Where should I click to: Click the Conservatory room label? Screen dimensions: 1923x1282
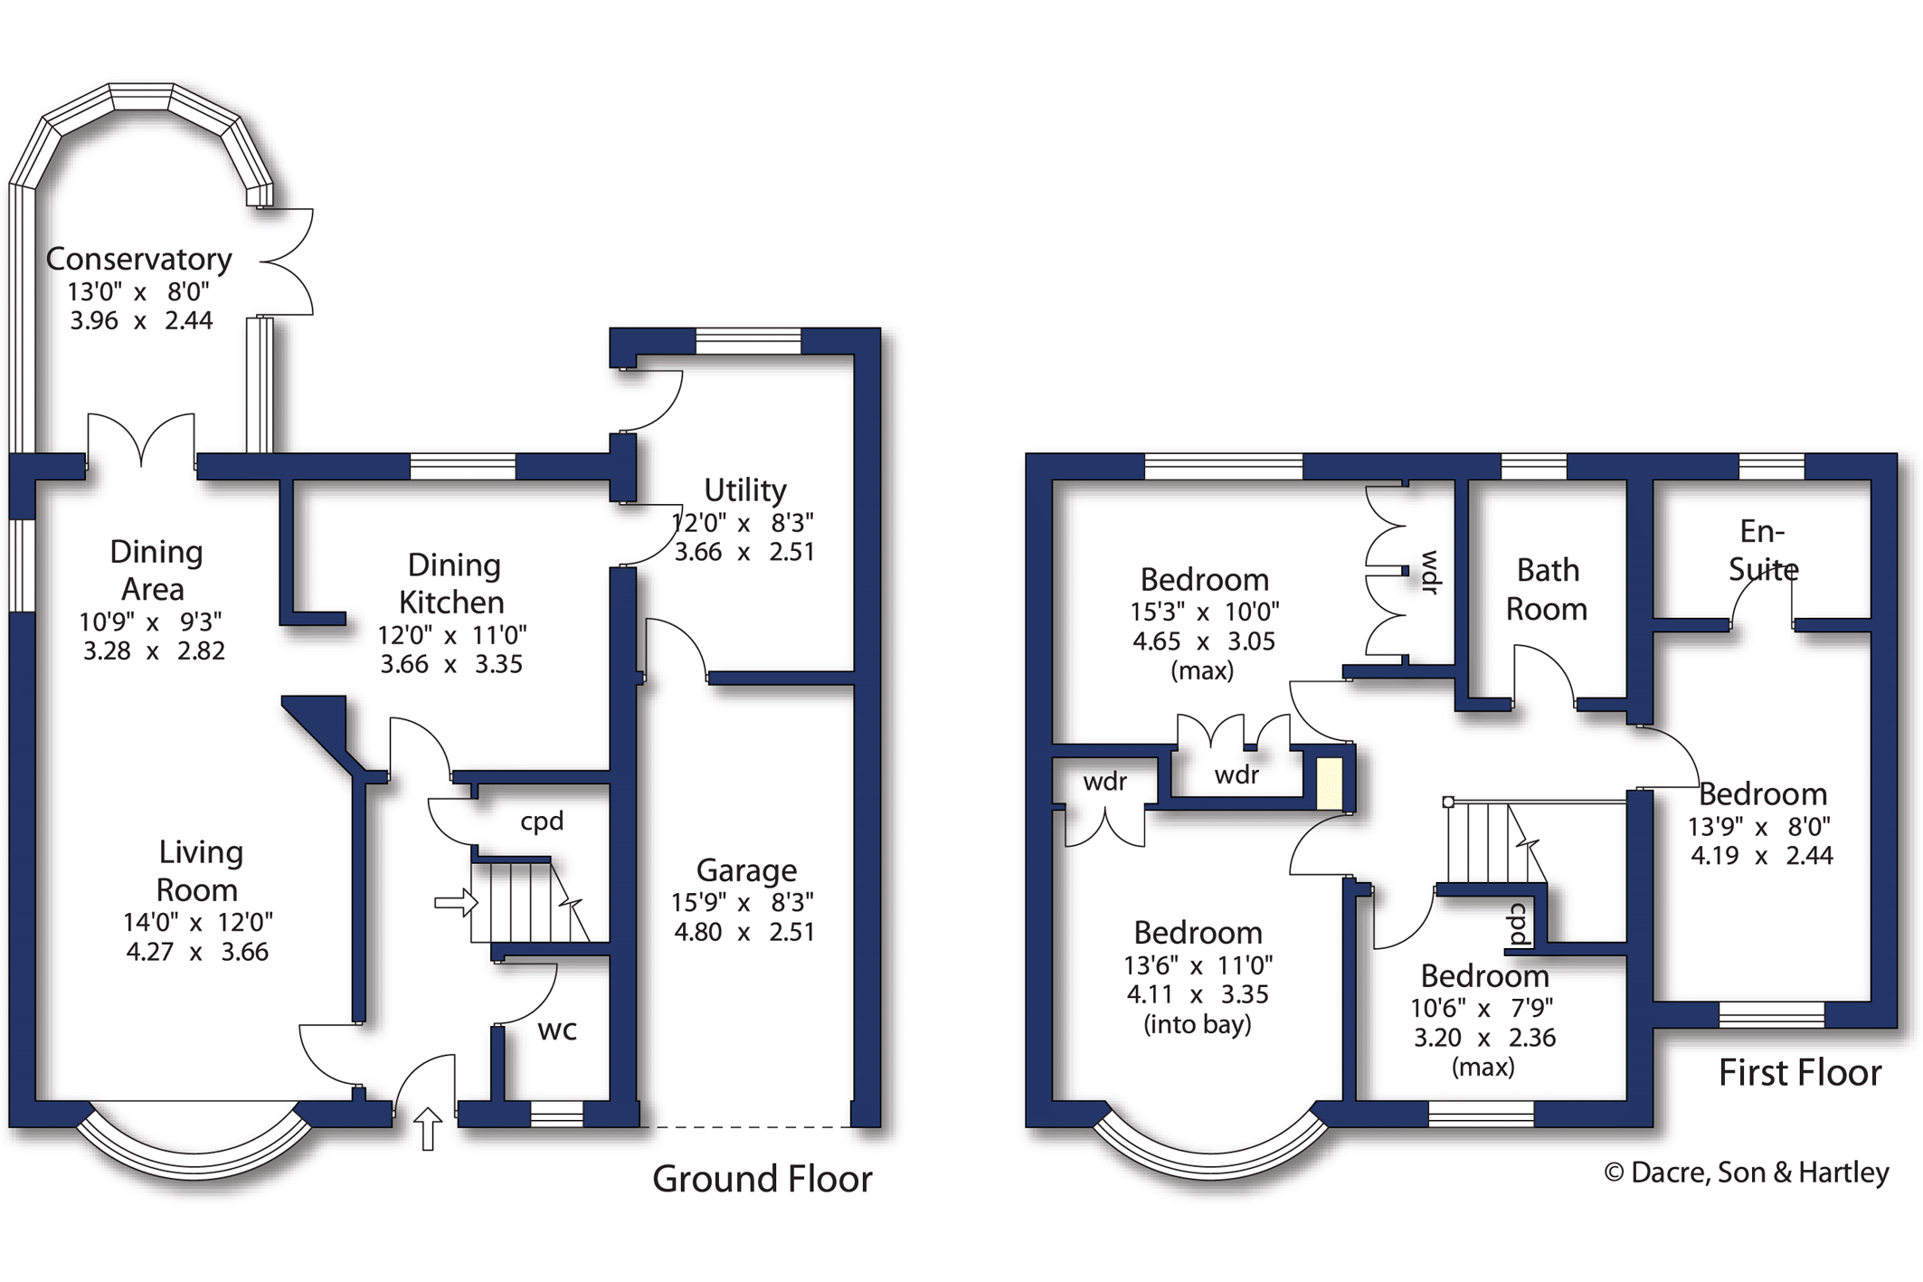(x=139, y=260)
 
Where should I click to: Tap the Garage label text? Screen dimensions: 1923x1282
(x=746, y=870)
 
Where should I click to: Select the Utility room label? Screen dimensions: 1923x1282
(x=744, y=490)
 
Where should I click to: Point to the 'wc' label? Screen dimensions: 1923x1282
(x=557, y=1030)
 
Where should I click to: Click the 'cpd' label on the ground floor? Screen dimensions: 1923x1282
(x=542, y=821)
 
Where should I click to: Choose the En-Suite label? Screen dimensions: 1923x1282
(x=1763, y=550)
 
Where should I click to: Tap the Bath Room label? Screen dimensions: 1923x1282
(x=1547, y=590)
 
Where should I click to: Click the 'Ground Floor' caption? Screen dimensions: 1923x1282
(x=763, y=1179)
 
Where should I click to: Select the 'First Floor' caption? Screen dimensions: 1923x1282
(x=1800, y=1073)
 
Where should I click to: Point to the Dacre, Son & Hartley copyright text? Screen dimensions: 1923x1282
(x=1747, y=1173)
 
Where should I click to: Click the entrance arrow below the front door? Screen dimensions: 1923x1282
(x=428, y=1129)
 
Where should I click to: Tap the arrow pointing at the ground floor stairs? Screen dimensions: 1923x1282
(x=456, y=902)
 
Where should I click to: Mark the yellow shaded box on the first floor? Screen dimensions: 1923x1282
(x=1329, y=783)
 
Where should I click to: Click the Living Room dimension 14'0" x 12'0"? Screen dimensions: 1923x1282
(x=198, y=923)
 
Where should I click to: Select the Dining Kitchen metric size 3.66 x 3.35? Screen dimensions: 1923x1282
(x=451, y=664)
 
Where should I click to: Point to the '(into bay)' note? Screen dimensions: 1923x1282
(x=1198, y=1025)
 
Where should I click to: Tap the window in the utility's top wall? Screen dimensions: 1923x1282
(x=748, y=341)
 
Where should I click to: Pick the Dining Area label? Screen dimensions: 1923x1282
(x=155, y=570)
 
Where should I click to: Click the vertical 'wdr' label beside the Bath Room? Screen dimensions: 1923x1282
(x=1430, y=573)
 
